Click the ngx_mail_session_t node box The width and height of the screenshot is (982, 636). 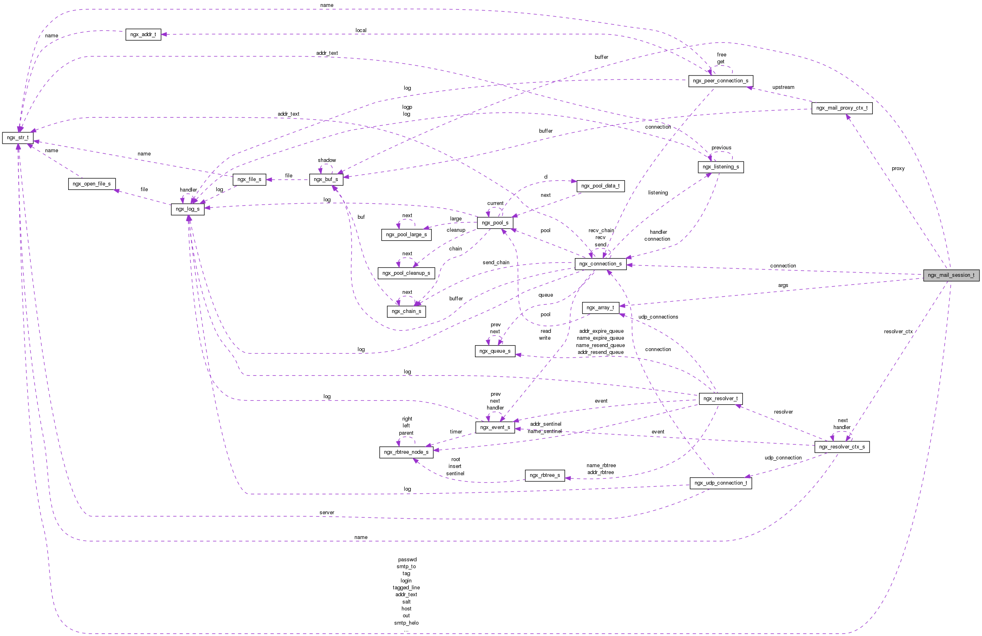click(951, 275)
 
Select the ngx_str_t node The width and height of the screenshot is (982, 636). click(18, 138)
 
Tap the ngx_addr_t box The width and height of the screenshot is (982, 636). click(143, 34)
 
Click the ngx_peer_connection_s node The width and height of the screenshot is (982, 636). click(721, 81)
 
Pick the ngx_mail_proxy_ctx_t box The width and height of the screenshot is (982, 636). click(842, 108)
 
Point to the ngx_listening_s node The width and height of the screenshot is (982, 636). click(721, 167)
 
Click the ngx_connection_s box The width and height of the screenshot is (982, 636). click(600, 264)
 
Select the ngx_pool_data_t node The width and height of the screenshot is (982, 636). click(600, 186)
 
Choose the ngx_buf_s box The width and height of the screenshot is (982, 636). click(326, 179)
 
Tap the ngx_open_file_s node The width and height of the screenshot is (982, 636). click(92, 184)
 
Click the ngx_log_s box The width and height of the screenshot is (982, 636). click(187, 209)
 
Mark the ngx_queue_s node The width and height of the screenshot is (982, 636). click(495, 351)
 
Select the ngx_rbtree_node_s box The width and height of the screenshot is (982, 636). click(406, 452)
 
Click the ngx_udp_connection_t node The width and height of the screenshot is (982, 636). click(721, 483)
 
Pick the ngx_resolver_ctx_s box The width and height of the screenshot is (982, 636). click(842, 447)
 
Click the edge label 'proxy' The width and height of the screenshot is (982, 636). click(898, 168)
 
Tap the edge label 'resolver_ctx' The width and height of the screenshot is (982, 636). click(898, 332)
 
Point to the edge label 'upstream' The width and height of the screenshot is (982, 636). click(783, 87)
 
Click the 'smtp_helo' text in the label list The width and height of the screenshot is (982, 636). click(406, 623)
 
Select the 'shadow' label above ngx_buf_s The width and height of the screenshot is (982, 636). click(327, 160)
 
